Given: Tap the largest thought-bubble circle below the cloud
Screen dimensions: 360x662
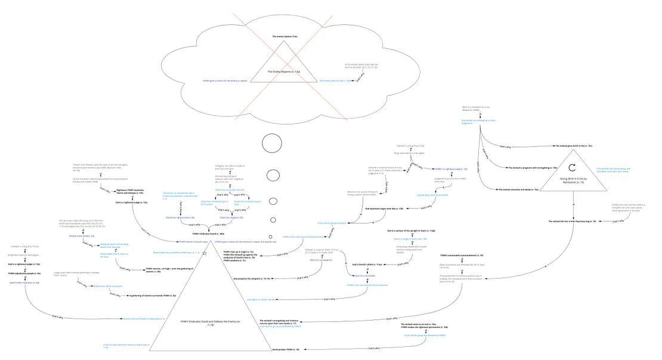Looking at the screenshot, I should pyautogui.click(x=271, y=144).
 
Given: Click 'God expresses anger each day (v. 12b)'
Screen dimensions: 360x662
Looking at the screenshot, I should pyautogui.click(x=384, y=209).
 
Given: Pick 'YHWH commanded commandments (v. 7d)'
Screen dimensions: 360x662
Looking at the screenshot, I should pyautogui.click(x=454, y=255).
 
